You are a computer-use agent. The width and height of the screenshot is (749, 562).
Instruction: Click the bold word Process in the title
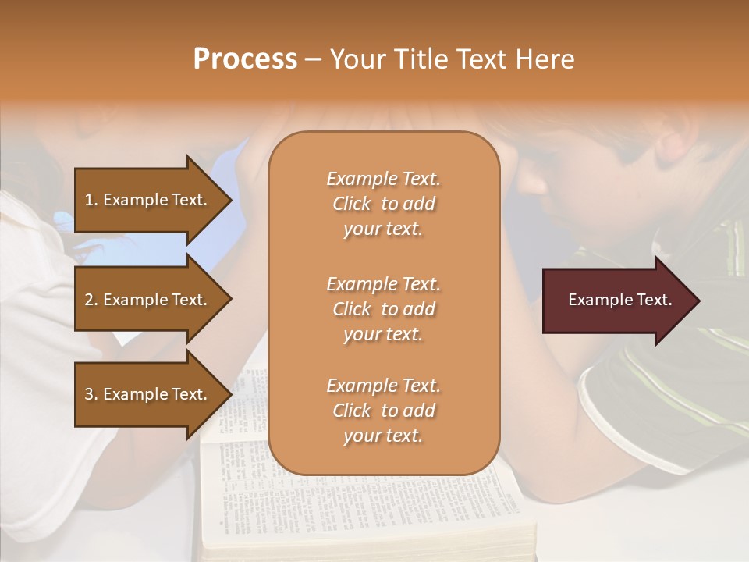pos(245,59)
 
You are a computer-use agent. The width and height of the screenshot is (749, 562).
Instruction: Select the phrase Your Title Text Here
pos(452,59)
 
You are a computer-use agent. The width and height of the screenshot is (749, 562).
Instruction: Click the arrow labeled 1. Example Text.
pos(148,200)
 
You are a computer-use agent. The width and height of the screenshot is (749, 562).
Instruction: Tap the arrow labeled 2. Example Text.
pos(148,300)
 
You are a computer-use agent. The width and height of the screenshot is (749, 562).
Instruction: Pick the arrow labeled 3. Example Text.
pos(148,394)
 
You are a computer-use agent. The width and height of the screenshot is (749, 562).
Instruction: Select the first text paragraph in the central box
pos(383,204)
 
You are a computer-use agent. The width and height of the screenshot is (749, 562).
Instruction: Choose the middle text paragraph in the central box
pos(383,309)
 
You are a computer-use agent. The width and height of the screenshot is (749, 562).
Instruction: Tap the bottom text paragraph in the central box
pos(383,411)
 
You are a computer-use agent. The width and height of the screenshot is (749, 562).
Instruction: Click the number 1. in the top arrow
pos(91,200)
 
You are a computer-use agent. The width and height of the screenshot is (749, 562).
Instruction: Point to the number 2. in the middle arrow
pos(91,300)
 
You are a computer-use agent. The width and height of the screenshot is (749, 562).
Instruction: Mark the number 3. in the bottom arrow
pos(91,394)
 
